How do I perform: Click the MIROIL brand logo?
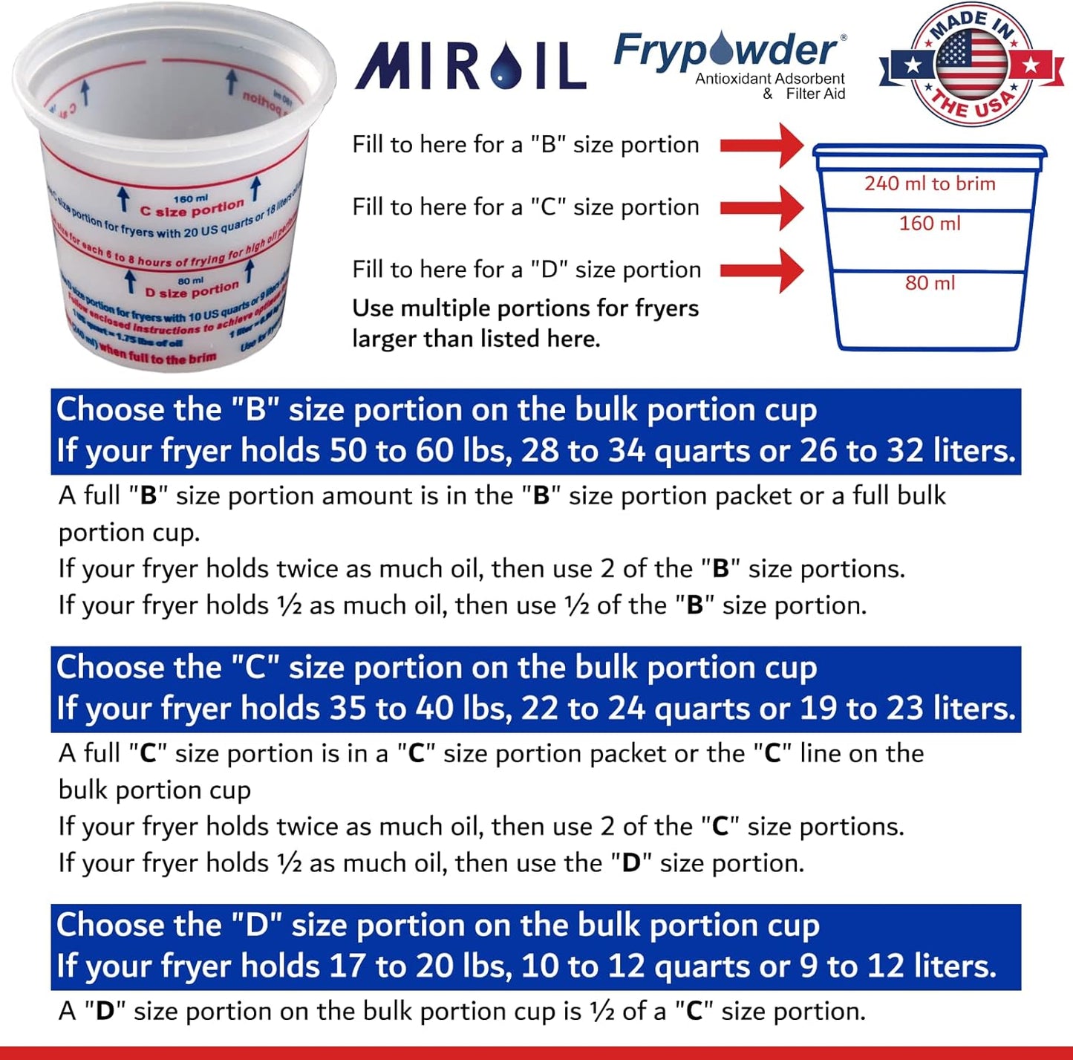pyautogui.click(x=471, y=65)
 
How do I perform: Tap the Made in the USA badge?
pyautogui.click(x=971, y=65)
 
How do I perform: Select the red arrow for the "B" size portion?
pyautogui.click(x=762, y=145)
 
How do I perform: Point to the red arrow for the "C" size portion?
pyautogui.click(x=762, y=207)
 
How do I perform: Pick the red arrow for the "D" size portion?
pyautogui.click(x=762, y=270)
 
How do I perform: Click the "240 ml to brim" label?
pyautogui.click(x=930, y=183)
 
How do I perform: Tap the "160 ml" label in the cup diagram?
pyautogui.click(x=930, y=224)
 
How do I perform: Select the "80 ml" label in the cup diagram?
pyautogui.click(x=930, y=283)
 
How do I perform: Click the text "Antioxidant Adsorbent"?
pyautogui.click(x=769, y=79)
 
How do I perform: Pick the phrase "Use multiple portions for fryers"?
pyautogui.click(x=525, y=308)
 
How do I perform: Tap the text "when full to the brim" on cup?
pyautogui.click(x=157, y=354)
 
